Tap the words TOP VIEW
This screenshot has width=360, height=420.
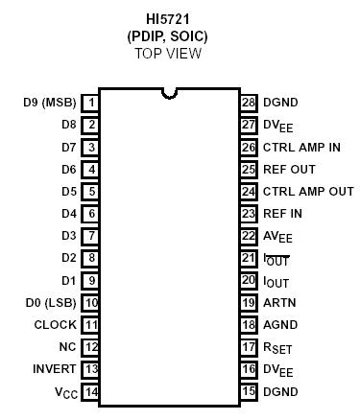tap(169, 53)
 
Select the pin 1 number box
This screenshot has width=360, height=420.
tap(91, 102)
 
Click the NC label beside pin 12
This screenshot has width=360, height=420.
tap(67, 347)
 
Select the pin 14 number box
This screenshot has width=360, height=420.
tap(91, 391)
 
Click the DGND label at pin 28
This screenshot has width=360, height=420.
tap(280, 102)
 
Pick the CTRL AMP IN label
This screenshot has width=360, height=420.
tap(302, 147)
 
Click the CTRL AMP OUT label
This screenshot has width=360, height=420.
tap(307, 191)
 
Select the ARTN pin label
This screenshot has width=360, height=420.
tap(278, 303)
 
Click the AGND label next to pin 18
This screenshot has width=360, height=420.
tap(279, 325)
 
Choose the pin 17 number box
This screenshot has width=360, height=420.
tap(249, 347)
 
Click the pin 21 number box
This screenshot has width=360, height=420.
tap(249, 258)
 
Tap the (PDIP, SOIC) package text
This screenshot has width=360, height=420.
tap(167, 36)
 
